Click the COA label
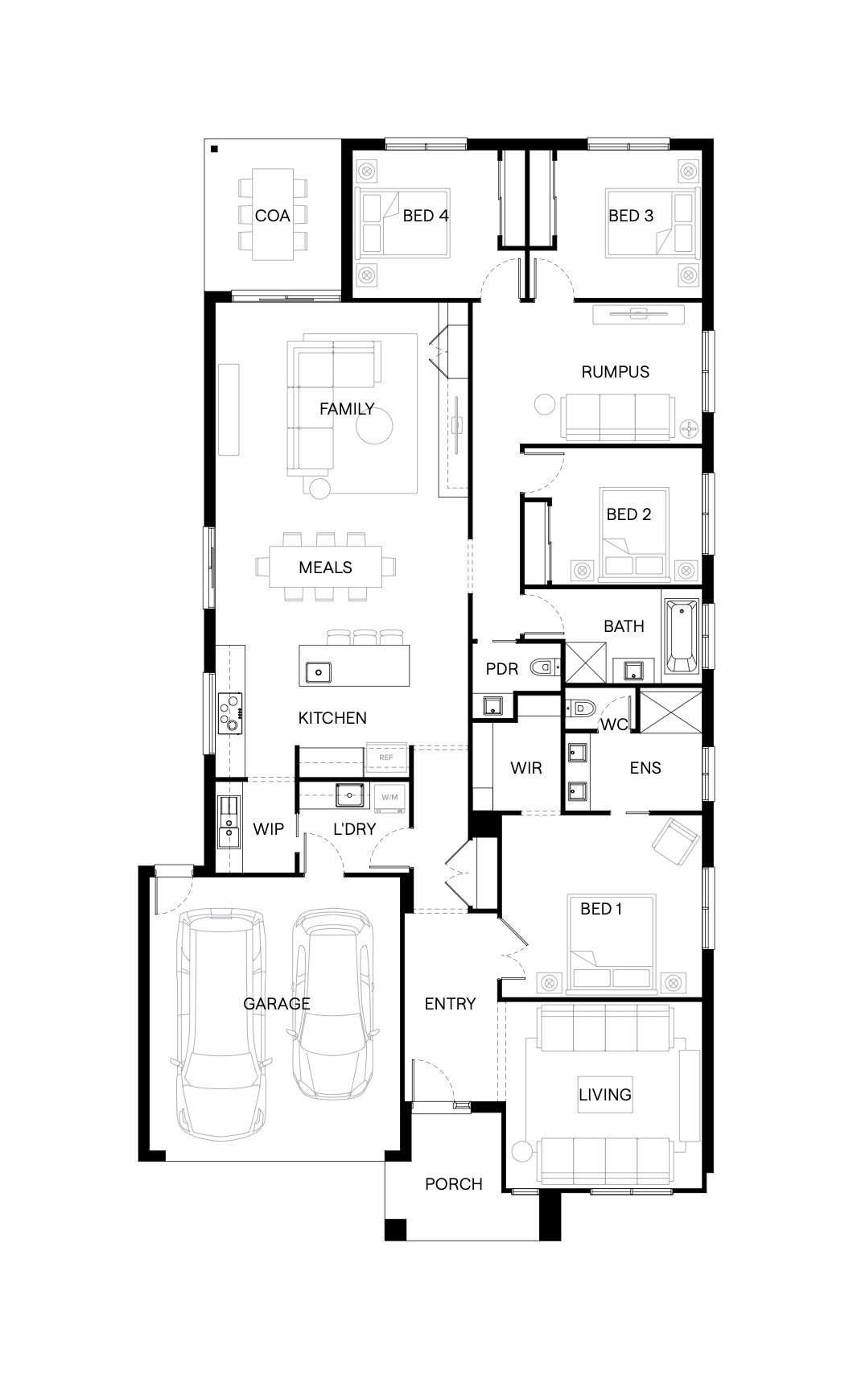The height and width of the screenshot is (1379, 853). tap(272, 216)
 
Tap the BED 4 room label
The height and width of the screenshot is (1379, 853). tap(426, 216)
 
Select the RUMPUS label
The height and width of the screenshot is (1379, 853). tap(616, 372)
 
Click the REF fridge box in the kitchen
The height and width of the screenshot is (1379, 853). tap(386, 758)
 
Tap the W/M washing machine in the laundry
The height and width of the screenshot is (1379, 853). tap(389, 797)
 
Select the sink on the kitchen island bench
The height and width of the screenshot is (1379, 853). tap(318, 672)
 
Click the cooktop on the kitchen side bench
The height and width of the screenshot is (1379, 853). tap(230, 713)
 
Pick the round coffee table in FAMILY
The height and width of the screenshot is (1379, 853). tap(375, 426)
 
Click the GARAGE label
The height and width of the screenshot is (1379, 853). tap(276, 1004)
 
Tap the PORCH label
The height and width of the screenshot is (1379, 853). tap(454, 1184)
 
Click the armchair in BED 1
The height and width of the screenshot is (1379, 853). tap(676, 841)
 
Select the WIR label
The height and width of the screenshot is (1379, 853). tap(526, 768)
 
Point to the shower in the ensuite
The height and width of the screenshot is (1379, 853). tap(671, 712)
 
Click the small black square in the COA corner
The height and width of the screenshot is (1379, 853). tap(214, 148)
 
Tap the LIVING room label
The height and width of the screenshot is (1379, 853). tap(605, 1095)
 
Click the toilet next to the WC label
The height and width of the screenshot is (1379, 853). tap(579, 708)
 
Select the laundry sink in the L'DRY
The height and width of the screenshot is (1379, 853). tap(349, 795)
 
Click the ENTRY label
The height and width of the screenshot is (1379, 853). tap(450, 1004)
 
